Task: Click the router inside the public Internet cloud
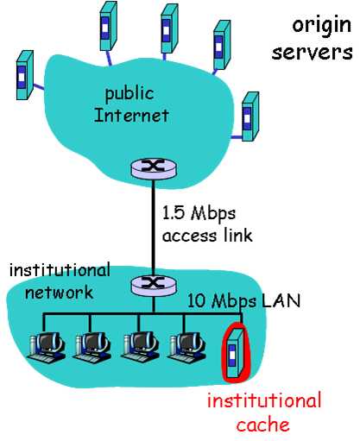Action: pyautogui.click(x=154, y=169)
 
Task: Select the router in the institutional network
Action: pyautogui.click(x=154, y=286)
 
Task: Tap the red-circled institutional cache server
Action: pyautogui.click(x=237, y=352)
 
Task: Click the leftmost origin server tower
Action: pyautogui.click(x=25, y=75)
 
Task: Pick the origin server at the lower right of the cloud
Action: pyautogui.click(x=250, y=117)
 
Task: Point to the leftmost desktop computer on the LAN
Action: pyautogui.click(x=46, y=346)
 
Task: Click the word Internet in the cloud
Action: pyautogui.click(x=131, y=116)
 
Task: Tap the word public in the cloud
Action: pyautogui.click(x=129, y=94)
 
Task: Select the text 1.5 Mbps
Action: pyautogui.click(x=199, y=214)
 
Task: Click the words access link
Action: pyautogui.click(x=207, y=236)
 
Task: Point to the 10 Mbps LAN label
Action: pyautogui.click(x=243, y=301)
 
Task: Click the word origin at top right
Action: pyautogui.click(x=322, y=26)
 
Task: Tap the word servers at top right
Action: pyautogui.click(x=313, y=53)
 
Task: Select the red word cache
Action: pyautogui.click(x=262, y=425)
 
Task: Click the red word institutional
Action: pyautogui.click(x=264, y=400)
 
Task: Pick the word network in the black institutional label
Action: pyautogui.click(x=59, y=293)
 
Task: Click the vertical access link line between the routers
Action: pyautogui.click(x=154, y=227)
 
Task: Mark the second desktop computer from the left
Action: pyautogui.click(x=92, y=346)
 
